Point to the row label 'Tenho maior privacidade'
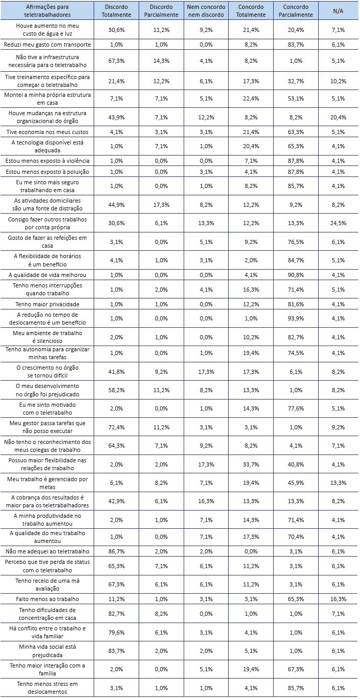click(x=47, y=304)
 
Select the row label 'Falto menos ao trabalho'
click(x=47, y=598)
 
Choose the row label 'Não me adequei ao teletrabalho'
click(x=47, y=551)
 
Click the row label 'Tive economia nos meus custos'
click(x=47, y=131)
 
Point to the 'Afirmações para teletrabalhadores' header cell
click(x=47, y=10)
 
